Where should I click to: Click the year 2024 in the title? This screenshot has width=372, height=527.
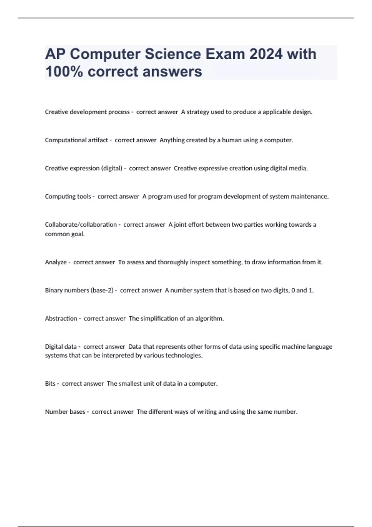tap(266, 54)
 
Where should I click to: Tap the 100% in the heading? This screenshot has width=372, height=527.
tap(64, 72)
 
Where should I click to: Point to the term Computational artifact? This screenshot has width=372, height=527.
tap(76, 140)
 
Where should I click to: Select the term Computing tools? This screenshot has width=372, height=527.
tap(68, 197)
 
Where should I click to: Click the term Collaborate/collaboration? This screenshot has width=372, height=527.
tap(81, 224)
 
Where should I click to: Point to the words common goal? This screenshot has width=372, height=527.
tap(64, 234)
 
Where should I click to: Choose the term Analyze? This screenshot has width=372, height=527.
tap(55, 262)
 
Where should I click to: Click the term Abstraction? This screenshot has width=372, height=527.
tap(61, 318)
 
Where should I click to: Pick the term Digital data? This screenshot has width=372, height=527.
tap(60, 347)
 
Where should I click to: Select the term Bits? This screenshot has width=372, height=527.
tap(50, 384)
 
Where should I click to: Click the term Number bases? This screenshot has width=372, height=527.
tap(65, 412)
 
